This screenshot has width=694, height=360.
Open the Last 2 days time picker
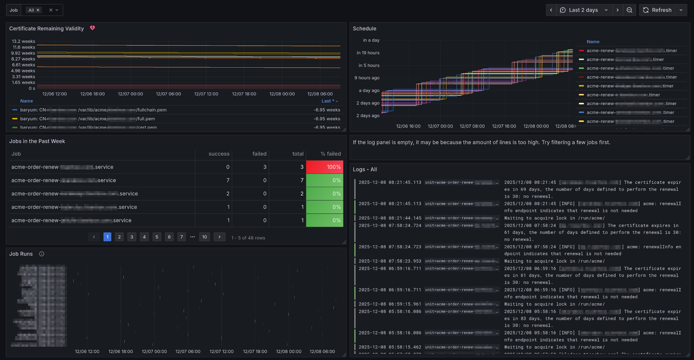[x=583, y=10]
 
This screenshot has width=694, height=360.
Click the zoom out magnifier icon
[x=629, y=10]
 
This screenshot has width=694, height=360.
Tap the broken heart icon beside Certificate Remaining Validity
[x=92, y=28]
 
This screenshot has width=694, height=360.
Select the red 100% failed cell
[x=324, y=167]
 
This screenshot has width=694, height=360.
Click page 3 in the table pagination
[x=132, y=237]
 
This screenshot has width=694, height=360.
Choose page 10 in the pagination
[x=204, y=237]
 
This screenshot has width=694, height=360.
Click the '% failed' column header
[x=330, y=154]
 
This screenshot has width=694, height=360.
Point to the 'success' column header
[x=219, y=154]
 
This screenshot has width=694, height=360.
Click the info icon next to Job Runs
[x=42, y=254]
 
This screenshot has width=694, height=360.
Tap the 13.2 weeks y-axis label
[x=23, y=41]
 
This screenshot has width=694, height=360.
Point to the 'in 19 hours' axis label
[x=368, y=53]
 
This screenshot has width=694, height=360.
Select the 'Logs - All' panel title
[x=365, y=170]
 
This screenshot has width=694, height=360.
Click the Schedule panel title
[x=364, y=28]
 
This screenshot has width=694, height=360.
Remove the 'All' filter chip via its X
[x=38, y=10]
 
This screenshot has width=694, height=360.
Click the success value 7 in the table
[x=228, y=180]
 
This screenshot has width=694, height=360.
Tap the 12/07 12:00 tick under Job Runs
[x=221, y=351]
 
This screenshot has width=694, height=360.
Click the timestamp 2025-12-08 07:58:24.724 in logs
[x=390, y=225]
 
